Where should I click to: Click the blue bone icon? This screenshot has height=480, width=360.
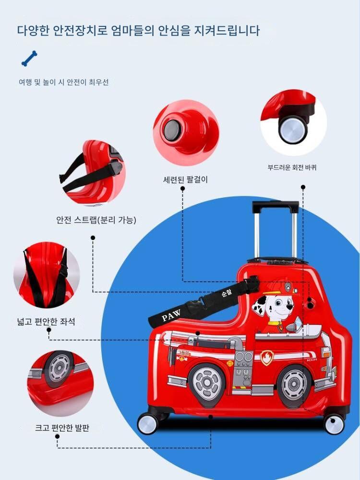[29, 59]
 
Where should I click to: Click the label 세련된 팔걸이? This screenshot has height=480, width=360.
[185, 180]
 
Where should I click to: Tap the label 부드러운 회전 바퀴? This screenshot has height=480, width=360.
[292, 168]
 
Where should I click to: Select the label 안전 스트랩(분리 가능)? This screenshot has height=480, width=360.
[96, 220]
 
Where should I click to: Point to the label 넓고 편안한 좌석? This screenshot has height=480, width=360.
[46, 322]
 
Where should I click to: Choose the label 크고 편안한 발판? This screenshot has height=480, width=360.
[62, 428]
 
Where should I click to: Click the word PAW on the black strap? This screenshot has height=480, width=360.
[171, 315]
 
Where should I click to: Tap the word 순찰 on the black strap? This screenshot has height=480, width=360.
[227, 294]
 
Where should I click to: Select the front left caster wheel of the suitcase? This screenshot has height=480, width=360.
[147, 424]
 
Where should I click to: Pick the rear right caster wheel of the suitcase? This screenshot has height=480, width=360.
[334, 424]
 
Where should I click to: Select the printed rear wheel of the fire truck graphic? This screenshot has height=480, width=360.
[207, 383]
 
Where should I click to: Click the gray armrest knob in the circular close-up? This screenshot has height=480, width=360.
[171, 130]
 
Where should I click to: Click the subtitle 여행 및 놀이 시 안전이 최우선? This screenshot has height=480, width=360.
[64, 82]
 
